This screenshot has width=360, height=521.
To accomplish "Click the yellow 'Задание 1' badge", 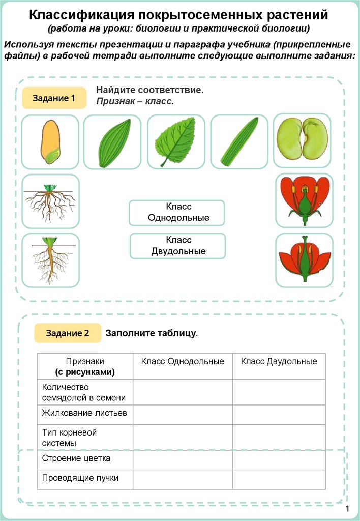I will (53, 98).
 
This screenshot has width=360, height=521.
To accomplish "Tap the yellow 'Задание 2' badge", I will (68, 333).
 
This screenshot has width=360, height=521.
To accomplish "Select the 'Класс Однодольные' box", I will (176, 213).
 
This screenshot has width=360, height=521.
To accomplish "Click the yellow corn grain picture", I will (50, 141).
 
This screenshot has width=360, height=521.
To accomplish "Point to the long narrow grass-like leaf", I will (239, 141).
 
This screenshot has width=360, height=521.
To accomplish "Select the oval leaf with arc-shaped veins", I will (112, 141).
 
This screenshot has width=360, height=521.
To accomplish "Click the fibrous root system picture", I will (50, 201).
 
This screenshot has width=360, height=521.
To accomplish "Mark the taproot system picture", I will (50, 259).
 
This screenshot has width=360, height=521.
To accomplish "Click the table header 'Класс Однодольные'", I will (183, 361).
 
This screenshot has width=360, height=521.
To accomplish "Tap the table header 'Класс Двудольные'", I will (279, 361).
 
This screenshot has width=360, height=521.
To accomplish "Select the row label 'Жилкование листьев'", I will (84, 413).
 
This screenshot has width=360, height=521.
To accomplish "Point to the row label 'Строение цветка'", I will (76, 458).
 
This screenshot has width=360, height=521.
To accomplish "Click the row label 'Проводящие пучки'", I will (80, 478).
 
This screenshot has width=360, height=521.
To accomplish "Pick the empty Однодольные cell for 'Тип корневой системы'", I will (183, 438).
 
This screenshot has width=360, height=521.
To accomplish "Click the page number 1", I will (348, 509).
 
